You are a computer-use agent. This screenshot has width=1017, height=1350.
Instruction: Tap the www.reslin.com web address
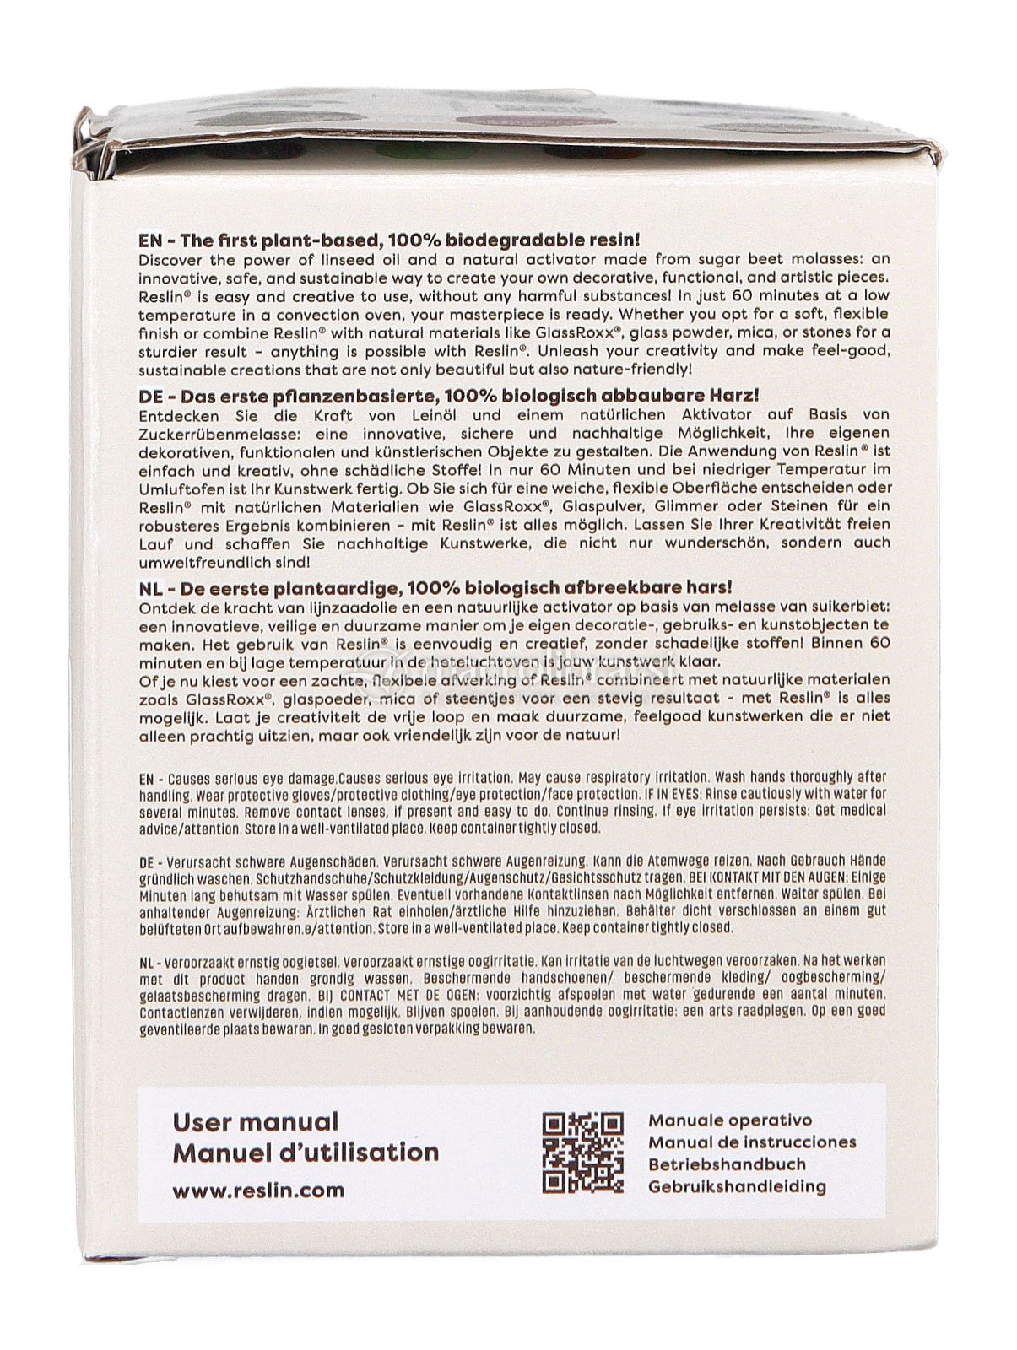(258, 1191)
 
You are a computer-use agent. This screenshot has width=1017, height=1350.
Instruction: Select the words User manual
(255, 1122)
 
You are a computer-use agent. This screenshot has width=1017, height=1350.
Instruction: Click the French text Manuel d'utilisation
(306, 1153)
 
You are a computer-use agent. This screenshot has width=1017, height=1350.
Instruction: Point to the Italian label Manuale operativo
(730, 1120)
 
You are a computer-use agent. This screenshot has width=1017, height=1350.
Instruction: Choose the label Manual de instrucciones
(752, 1142)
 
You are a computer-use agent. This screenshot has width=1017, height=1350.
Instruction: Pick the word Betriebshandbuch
(727, 1164)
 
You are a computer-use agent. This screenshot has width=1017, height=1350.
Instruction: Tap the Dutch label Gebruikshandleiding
(737, 1186)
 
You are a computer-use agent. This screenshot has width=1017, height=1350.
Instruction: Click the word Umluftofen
(175, 488)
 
